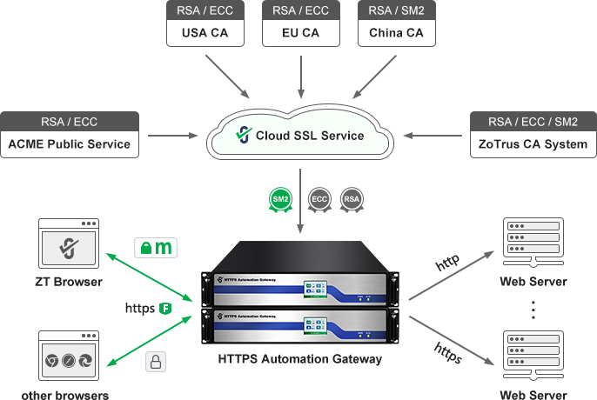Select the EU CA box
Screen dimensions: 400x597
(300, 24)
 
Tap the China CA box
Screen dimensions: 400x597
(396, 24)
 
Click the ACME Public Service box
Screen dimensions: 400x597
(70, 134)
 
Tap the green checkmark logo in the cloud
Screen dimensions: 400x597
(243, 135)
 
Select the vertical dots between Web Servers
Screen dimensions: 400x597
(533, 308)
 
